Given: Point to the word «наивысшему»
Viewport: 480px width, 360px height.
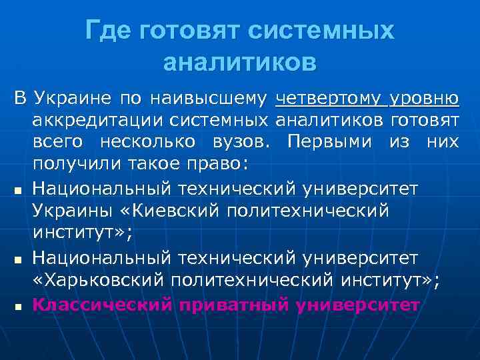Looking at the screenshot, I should [x=208, y=99].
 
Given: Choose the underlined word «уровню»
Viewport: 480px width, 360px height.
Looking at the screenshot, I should [x=424, y=99].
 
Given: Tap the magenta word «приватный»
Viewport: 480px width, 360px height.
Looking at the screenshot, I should [x=229, y=305].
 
